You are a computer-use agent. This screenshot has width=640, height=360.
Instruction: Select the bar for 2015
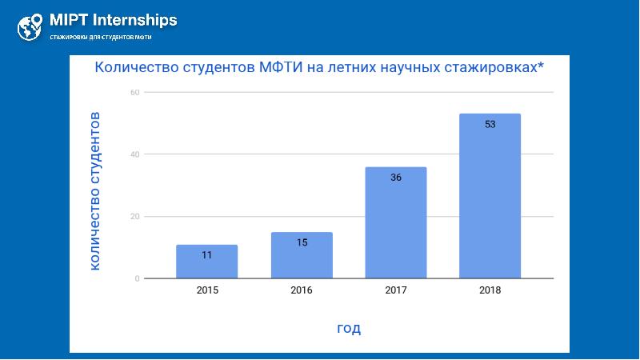(207, 262)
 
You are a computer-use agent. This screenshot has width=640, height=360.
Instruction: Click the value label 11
(207, 255)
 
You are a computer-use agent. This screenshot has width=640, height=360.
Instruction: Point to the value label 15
(302, 242)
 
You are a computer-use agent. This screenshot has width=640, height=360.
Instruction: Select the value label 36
(396, 178)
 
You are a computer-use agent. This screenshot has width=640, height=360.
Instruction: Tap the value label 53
(490, 124)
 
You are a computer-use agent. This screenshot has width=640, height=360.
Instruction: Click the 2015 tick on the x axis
(207, 290)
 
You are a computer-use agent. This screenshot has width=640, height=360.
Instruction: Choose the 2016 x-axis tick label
(302, 290)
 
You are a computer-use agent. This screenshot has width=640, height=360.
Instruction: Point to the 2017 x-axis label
(396, 290)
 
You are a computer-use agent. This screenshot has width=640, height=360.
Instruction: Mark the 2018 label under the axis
(490, 290)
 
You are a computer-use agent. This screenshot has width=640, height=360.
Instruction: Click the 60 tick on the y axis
(135, 92)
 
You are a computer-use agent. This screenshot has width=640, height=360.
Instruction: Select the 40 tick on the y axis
(135, 154)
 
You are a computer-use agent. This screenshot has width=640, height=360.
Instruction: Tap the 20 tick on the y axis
(135, 216)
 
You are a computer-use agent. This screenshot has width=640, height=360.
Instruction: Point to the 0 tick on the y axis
(138, 278)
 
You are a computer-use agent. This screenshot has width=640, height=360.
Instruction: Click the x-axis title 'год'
(348, 328)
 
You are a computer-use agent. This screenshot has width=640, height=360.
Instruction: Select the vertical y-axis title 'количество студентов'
(94, 190)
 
